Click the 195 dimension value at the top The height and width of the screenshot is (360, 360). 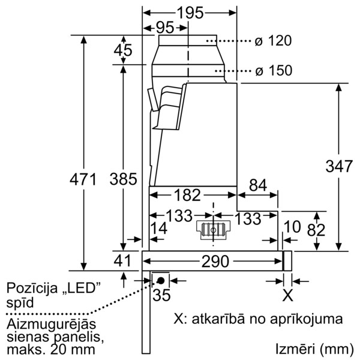tap(191, 13)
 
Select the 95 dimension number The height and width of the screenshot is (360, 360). tap(165, 28)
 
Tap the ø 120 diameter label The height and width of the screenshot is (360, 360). tap(273, 41)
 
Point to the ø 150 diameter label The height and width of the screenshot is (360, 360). tap(274, 70)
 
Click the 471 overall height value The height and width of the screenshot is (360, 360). tap(83, 179)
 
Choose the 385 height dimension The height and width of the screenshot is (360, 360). tap(123, 179)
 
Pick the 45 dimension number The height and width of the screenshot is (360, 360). tap(123, 50)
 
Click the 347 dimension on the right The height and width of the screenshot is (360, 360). tap(339, 166)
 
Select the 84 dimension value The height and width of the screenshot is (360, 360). tap(258, 185)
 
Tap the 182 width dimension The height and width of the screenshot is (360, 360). tap(187, 195)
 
